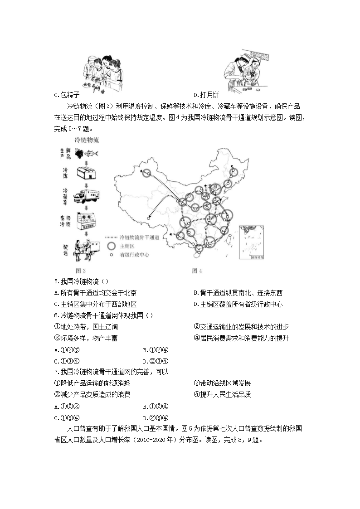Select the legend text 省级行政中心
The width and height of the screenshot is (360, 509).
(135, 255)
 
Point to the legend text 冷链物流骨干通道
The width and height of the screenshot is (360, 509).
(139, 238)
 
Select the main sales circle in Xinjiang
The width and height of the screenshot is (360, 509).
(146, 173)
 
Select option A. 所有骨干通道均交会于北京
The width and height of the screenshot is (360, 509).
(95, 293)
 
